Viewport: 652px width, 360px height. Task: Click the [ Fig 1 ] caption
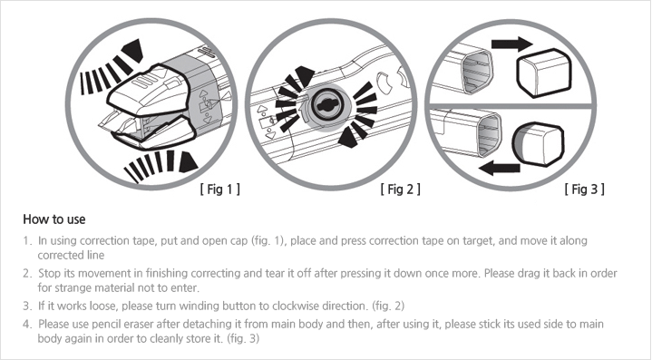click(219, 190)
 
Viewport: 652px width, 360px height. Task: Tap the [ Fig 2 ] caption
click(400, 190)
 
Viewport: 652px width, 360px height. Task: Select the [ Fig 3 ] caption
click(584, 190)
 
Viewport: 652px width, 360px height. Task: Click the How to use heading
click(54, 219)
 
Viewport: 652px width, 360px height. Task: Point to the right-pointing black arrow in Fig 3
click(511, 44)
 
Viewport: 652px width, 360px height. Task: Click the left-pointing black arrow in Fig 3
click(500, 169)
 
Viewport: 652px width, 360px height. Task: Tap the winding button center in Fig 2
click(326, 106)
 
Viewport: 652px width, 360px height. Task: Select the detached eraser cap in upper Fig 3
click(543, 73)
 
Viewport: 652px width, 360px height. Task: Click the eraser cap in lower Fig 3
click(538, 144)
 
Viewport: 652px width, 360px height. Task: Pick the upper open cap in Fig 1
click(148, 92)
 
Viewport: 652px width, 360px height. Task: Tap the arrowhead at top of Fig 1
click(133, 50)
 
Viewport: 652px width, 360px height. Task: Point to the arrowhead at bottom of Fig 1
click(187, 162)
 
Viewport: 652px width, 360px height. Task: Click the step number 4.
click(26, 325)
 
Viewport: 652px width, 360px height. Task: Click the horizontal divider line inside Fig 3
click(511, 106)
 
